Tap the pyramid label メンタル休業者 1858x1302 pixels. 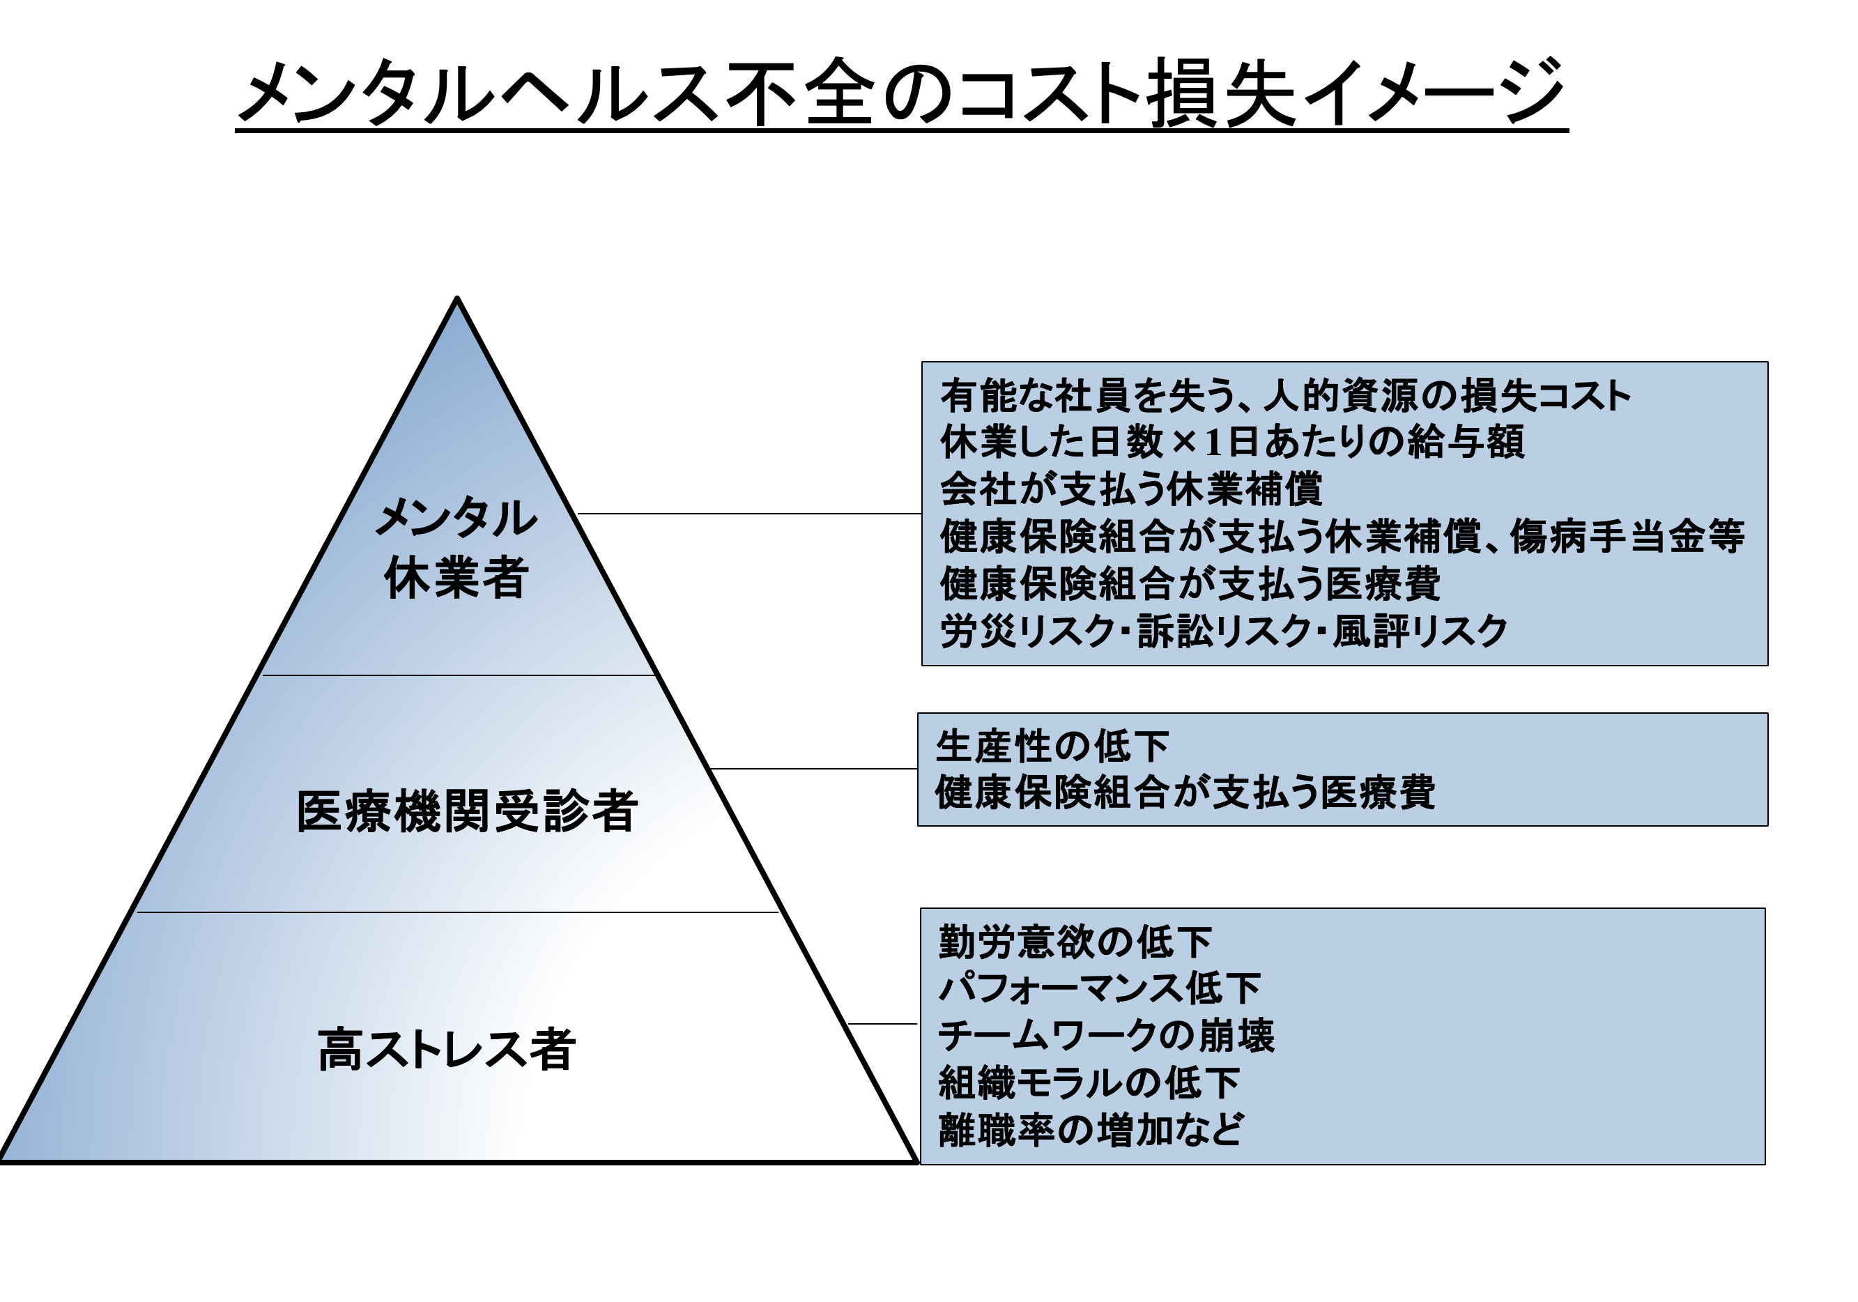pyautogui.click(x=457, y=548)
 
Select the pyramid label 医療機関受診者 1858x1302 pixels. pyautogui.click(x=467, y=811)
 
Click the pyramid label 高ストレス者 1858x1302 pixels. pyautogui.click(x=447, y=1050)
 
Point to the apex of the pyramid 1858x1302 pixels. pyautogui.click(x=457, y=300)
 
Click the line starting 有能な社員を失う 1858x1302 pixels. pyautogui.click(x=1285, y=396)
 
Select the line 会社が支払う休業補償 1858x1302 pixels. pyautogui.click(x=1131, y=489)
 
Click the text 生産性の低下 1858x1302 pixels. pyautogui.click(x=1052, y=746)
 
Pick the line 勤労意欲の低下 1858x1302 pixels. pyautogui.click(x=1075, y=942)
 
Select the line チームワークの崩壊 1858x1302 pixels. pyautogui.click(x=1106, y=1036)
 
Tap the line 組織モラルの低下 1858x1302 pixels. pyautogui.click(x=1089, y=1082)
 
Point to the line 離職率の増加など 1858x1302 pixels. pyautogui.click(x=1091, y=1130)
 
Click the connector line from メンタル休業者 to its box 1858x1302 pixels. pyautogui.click(x=748, y=513)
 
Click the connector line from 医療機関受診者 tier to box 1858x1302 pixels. pyautogui.click(x=813, y=769)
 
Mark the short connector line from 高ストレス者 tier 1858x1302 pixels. pyautogui.click(x=882, y=1024)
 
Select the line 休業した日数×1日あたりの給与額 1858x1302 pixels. pyautogui.click(x=1232, y=442)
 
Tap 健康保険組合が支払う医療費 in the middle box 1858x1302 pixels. pyautogui.click(x=1185, y=792)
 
